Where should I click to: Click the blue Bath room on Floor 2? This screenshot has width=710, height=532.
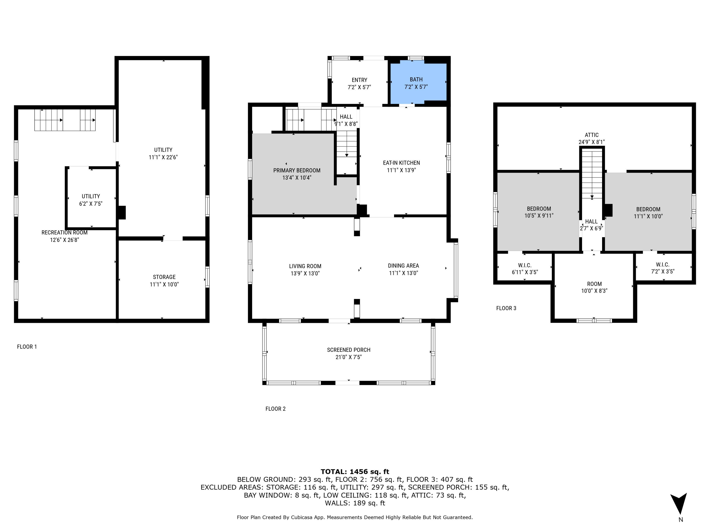pos(417,83)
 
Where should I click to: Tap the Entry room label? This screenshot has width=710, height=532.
pos(359,80)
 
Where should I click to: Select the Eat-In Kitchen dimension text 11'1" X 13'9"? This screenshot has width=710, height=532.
pos(401,170)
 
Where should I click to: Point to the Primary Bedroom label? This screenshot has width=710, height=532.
pos(297,170)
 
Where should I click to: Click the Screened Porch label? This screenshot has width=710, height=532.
pos(349,350)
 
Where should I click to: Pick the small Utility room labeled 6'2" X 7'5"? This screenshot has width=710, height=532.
pos(91,200)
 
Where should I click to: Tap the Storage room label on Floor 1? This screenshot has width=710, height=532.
pos(164,277)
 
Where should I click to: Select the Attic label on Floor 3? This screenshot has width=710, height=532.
pos(592,135)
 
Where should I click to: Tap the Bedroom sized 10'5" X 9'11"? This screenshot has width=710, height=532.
pos(539,212)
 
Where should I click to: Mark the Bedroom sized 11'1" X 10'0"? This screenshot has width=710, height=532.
pos(648,213)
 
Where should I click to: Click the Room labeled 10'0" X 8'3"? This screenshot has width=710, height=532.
pos(594,287)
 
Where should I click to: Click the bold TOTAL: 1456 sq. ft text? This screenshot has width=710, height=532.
pos(355,472)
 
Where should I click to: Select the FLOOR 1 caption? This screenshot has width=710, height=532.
pos(27,347)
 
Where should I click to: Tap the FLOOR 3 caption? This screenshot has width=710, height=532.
pos(506,308)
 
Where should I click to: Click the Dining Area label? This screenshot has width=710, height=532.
pos(403,266)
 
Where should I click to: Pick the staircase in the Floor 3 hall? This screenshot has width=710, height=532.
pos(592,175)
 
